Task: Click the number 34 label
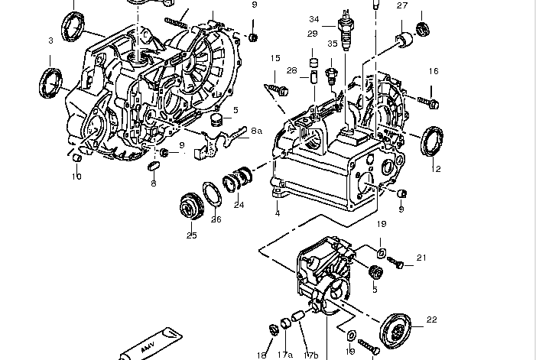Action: click(314, 19)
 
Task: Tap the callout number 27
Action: click(402, 6)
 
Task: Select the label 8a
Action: click(256, 131)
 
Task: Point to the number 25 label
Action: click(191, 235)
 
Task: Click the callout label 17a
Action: click(285, 355)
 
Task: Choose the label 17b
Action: click(311, 355)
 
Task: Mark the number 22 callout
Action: click(431, 319)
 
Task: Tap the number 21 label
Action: click(421, 258)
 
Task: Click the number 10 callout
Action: click(76, 177)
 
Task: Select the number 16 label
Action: click(434, 72)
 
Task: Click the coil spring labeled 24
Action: click(239, 182)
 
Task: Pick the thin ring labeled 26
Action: click(213, 194)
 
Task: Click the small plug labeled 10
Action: click(76, 157)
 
